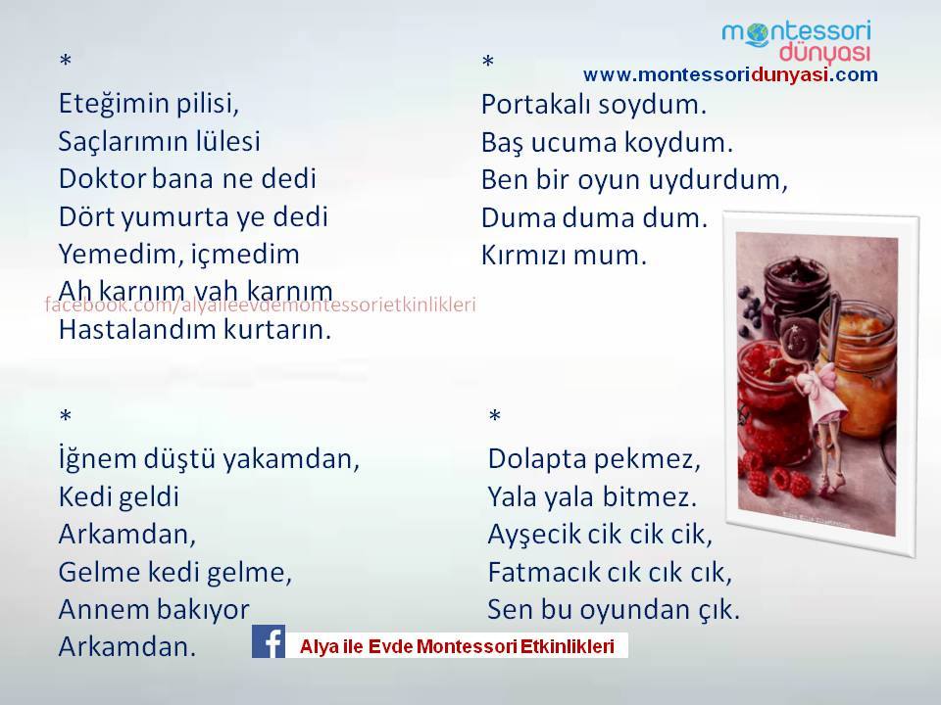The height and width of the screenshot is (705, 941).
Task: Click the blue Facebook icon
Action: (x=269, y=641)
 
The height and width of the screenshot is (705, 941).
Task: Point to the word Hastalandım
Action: (x=137, y=329)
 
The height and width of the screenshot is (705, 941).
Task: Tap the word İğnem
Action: (x=97, y=459)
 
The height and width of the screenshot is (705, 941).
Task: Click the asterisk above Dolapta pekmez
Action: (x=494, y=415)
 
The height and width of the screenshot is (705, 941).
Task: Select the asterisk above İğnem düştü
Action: (x=66, y=415)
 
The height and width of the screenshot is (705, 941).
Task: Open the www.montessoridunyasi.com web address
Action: (x=730, y=75)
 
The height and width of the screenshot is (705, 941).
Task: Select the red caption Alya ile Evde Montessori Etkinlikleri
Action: (x=457, y=646)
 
